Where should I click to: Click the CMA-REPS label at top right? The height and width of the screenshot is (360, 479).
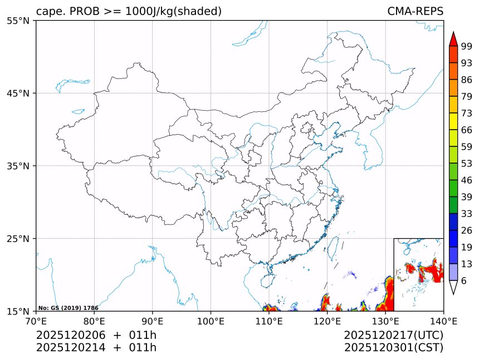[x=415, y=12]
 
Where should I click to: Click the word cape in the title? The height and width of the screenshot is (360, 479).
[x=48, y=12]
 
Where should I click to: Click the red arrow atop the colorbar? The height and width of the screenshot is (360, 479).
[x=453, y=38]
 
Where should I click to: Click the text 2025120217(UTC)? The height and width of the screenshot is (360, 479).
[x=393, y=336]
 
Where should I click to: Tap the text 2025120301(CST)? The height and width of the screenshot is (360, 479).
[x=393, y=348]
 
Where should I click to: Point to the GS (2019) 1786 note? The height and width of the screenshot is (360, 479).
[x=69, y=308]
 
